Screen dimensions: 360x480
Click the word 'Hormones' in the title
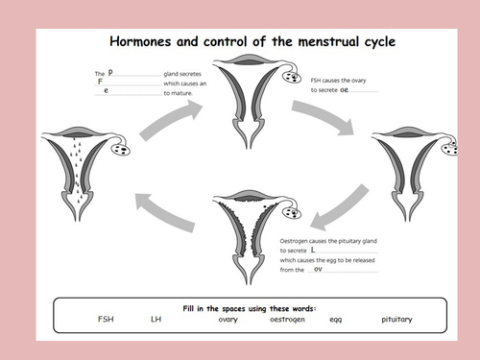[x=139, y=41]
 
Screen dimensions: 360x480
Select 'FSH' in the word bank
[x=107, y=319]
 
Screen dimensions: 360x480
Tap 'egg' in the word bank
[x=336, y=319]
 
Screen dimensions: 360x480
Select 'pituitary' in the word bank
[x=396, y=319]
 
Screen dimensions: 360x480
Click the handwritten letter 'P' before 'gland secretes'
[x=110, y=73]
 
